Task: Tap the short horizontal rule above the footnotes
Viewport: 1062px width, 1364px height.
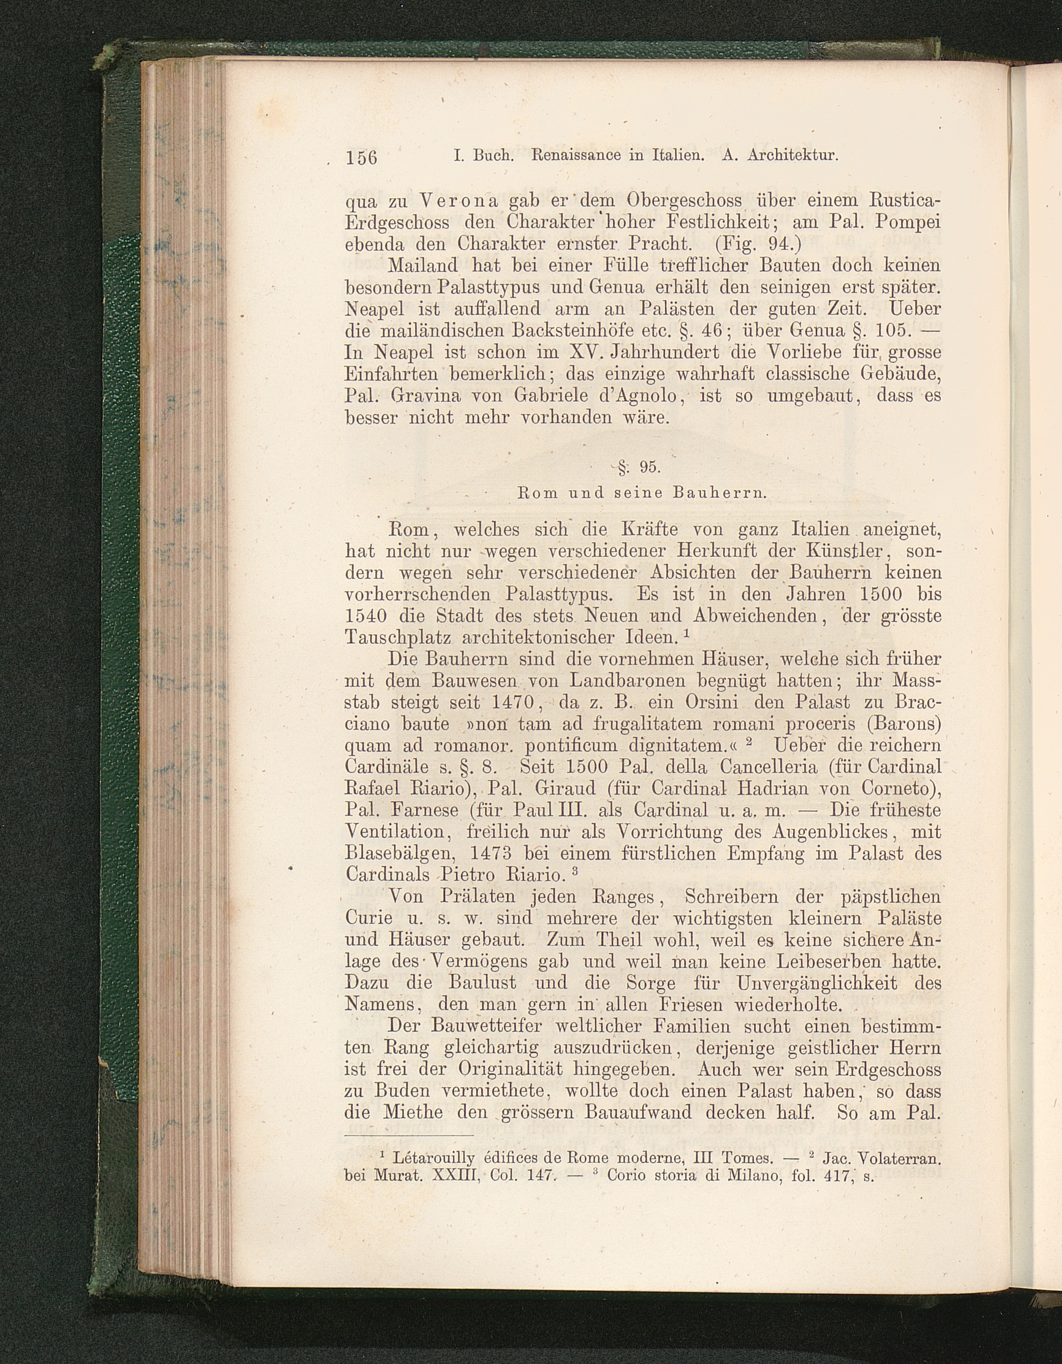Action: (409, 1136)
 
